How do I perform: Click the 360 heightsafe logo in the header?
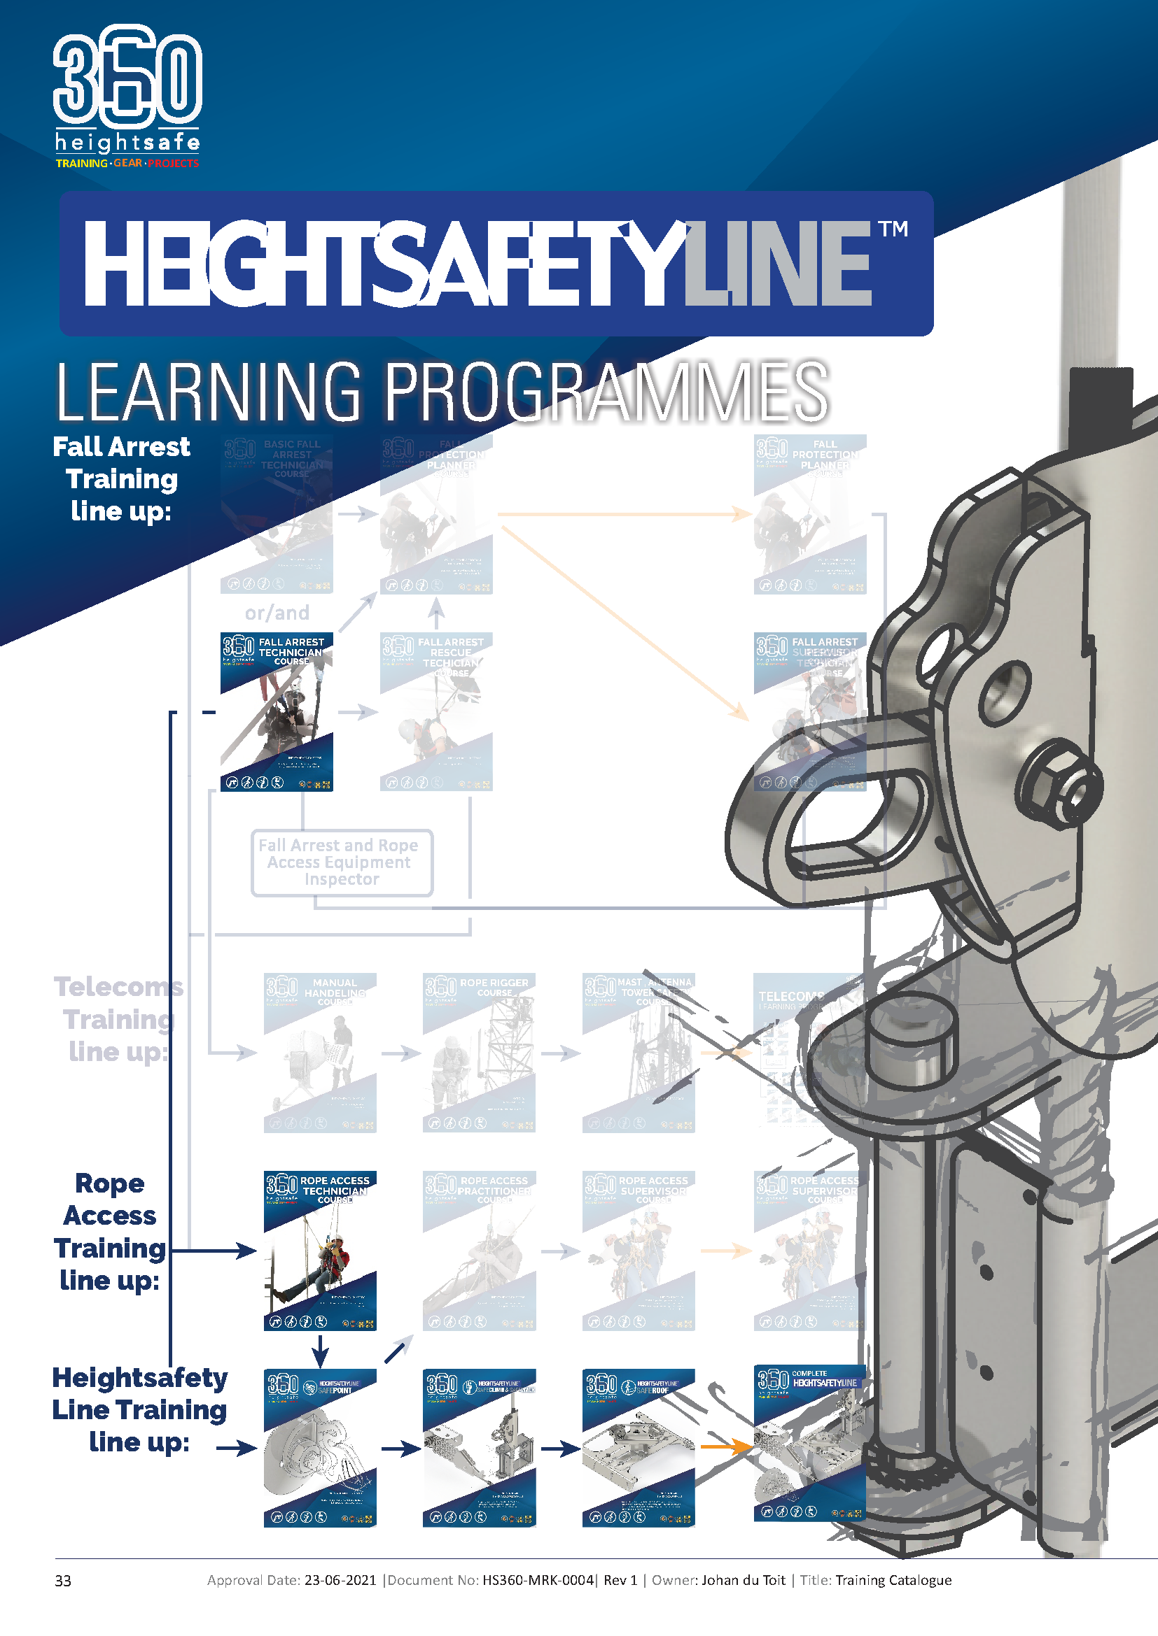(x=127, y=97)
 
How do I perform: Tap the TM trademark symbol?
(x=893, y=229)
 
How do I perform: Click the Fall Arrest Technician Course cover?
(x=276, y=712)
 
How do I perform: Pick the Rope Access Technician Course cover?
(x=319, y=1251)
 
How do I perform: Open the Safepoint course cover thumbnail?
(x=319, y=1448)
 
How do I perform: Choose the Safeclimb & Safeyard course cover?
(x=478, y=1448)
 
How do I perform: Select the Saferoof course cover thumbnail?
(x=639, y=1448)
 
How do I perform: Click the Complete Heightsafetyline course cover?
(x=809, y=1444)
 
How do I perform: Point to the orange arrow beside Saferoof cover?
(x=726, y=1447)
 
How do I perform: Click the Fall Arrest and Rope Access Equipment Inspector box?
(x=342, y=862)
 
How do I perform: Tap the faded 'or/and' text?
(x=277, y=613)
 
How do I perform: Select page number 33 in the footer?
(x=63, y=1581)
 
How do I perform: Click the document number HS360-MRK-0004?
(x=538, y=1580)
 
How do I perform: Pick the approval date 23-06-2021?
(x=340, y=1580)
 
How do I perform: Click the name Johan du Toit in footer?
(x=743, y=1580)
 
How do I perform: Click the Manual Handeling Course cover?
(x=319, y=1053)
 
